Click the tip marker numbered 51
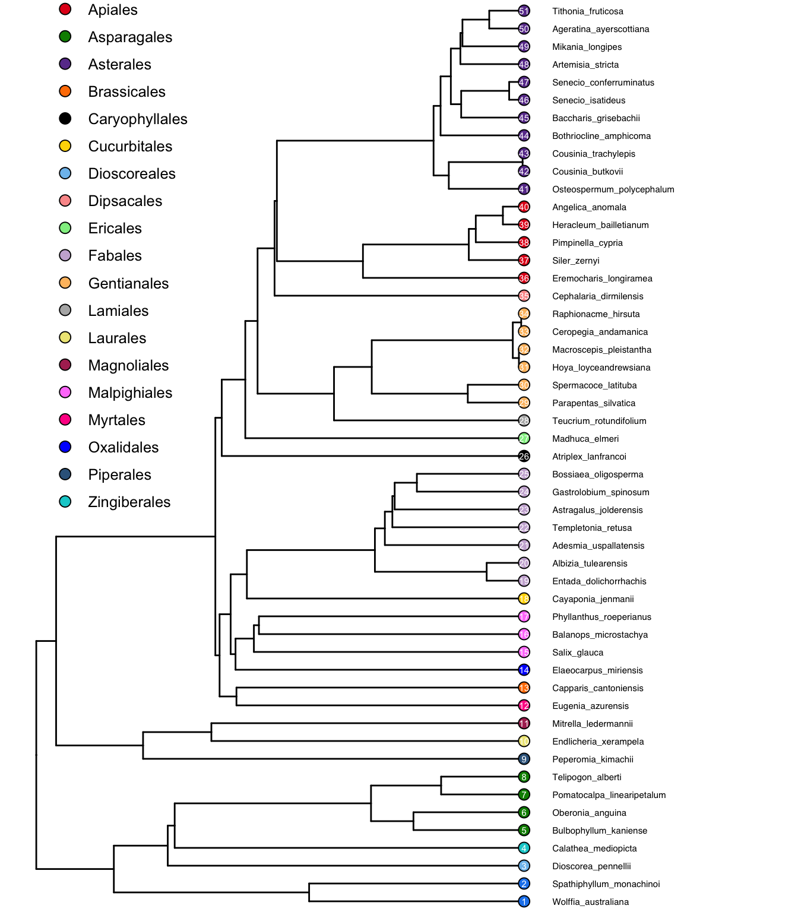pos(524,11)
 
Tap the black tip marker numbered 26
pos(524,456)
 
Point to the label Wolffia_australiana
pos(590,902)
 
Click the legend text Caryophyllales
pos(138,119)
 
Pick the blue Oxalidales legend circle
pos(65,447)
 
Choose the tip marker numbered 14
pos(524,670)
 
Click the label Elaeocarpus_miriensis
pos(597,670)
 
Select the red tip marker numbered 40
pos(524,207)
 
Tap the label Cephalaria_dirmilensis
pos(597,296)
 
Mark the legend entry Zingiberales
pos(129,502)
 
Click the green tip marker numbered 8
pos(524,777)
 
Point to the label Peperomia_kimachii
pos(593,759)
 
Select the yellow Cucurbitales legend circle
pos(65,146)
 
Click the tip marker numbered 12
pos(524,705)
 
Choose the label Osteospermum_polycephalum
pos(613,189)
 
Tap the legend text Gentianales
pos(128,283)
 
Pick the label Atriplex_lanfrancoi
pos(589,457)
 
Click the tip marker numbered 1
pos(524,901)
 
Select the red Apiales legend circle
pos(65,9)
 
